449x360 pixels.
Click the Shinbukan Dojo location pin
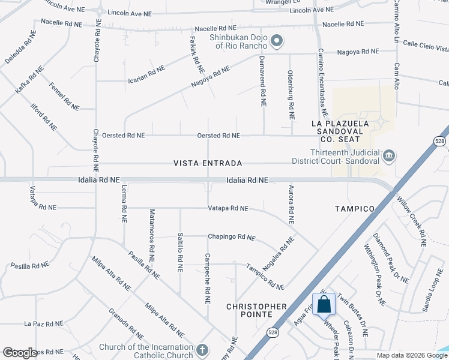pyautogui.click(x=276, y=41)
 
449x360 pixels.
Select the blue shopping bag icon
pyautogui.click(x=324, y=304)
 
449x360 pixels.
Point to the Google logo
pyautogui.click(x=20, y=353)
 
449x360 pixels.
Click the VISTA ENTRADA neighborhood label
pyautogui.click(x=208, y=163)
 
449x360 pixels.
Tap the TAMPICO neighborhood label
pyautogui.click(x=355, y=209)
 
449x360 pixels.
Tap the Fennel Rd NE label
pyautogui.click(x=64, y=96)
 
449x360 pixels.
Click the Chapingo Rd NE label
pyautogui.click(x=232, y=237)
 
